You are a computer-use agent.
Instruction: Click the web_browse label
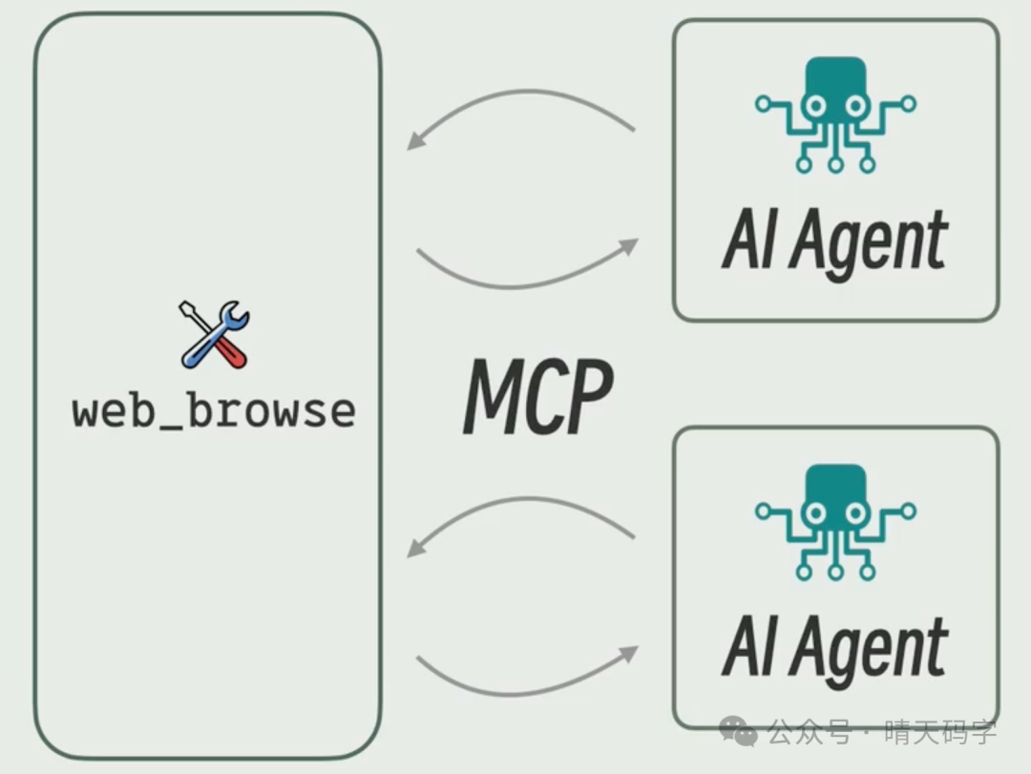coord(214,411)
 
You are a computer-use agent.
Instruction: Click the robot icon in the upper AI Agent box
coord(835,115)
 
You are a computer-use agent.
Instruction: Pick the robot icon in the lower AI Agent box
coord(835,521)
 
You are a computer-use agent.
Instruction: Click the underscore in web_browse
coord(175,424)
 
